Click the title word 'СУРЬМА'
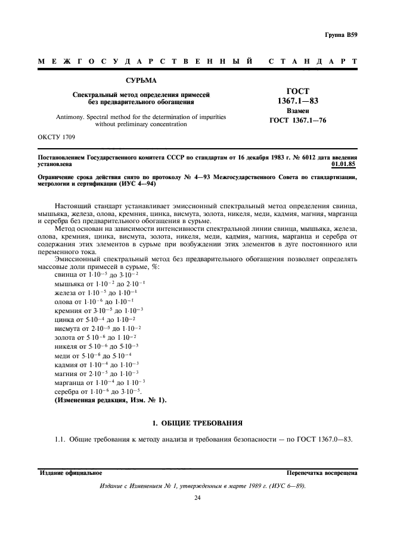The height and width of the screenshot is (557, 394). coord(141,80)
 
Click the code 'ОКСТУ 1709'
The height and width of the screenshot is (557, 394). coord(58,139)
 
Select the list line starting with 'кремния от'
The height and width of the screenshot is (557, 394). coord(98,311)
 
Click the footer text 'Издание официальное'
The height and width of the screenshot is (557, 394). coord(71,473)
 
